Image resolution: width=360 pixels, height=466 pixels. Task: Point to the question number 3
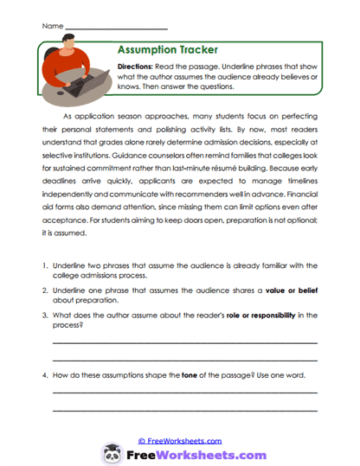[44, 315]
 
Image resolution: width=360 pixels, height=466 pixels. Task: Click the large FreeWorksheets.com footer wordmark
[196, 453]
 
